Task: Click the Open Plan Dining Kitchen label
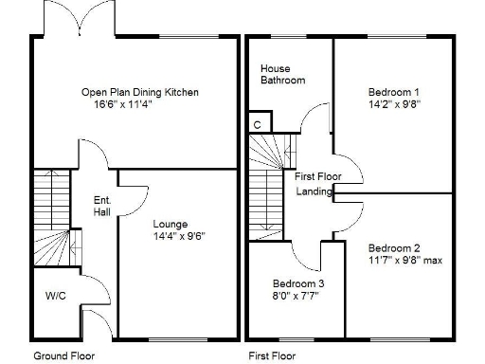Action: (140, 92)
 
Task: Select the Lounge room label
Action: (171, 225)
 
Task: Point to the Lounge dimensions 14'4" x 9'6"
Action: (179, 236)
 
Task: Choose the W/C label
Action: (56, 296)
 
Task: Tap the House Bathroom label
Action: (282, 75)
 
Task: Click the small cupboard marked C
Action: (257, 124)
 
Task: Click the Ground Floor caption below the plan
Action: (64, 356)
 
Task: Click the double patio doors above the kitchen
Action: (79, 22)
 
